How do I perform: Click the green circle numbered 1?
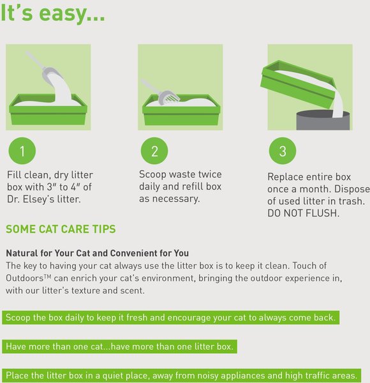point(22,151)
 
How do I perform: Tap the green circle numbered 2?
point(154,151)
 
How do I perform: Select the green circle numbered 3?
point(283,151)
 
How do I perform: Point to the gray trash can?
point(323,120)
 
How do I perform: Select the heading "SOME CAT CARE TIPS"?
point(61,229)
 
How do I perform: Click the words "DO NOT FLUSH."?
point(304,213)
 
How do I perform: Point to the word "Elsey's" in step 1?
point(38,199)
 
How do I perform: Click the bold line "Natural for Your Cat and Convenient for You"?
point(98,253)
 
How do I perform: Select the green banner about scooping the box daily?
point(170,317)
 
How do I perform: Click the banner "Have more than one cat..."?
point(119,347)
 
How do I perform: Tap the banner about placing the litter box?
point(182,375)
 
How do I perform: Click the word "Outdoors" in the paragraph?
point(25,278)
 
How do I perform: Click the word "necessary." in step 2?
point(176,199)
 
